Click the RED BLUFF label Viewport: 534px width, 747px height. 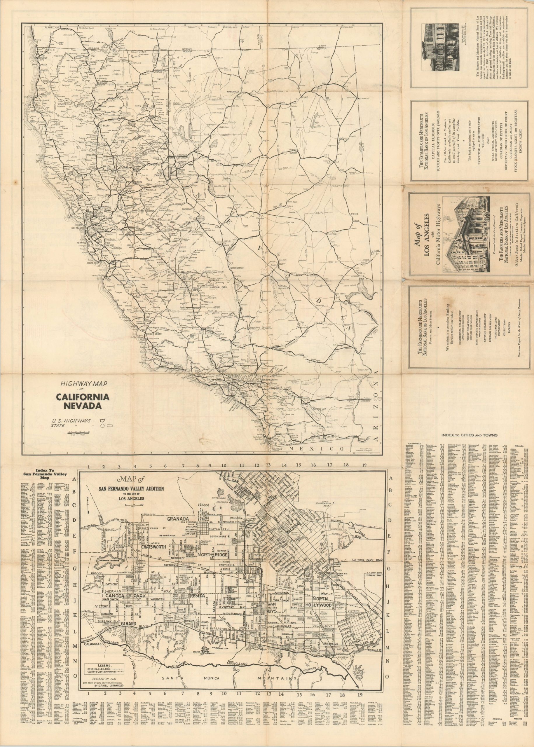[106, 125]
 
